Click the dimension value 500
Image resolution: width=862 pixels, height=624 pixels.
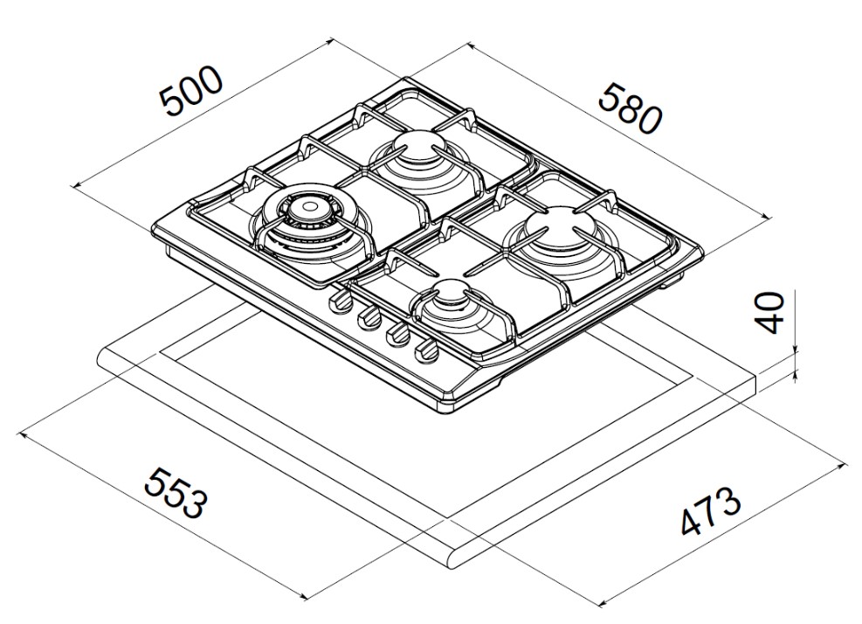(x=192, y=92)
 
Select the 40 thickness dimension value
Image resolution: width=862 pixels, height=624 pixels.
(x=770, y=313)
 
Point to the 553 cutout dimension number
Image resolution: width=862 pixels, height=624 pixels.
(x=176, y=493)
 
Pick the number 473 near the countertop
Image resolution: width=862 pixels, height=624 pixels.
(x=711, y=510)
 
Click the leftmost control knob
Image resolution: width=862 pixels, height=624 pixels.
(x=341, y=302)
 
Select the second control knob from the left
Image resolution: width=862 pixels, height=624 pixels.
(x=369, y=318)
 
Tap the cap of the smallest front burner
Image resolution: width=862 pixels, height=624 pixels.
(x=452, y=294)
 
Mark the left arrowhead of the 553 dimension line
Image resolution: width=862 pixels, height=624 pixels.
(x=22, y=434)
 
